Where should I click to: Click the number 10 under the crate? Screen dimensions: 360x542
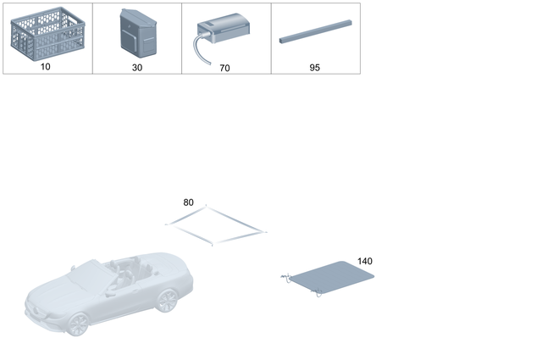pyautogui.click(x=45, y=67)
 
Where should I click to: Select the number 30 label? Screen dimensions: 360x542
pyautogui.click(x=137, y=67)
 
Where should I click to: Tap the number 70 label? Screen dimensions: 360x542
pyautogui.click(x=224, y=68)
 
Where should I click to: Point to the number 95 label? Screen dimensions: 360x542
pyautogui.click(x=315, y=67)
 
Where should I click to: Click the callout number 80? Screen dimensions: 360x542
pyautogui.click(x=188, y=202)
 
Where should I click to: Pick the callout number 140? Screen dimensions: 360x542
pyautogui.click(x=364, y=262)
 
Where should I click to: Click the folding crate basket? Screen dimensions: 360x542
pyautogui.click(x=45, y=34)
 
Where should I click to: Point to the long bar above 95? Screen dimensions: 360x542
pyautogui.click(x=314, y=33)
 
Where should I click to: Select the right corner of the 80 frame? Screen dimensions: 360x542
pyautogui.click(x=264, y=230)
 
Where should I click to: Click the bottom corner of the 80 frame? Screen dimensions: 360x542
pyautogui.click(x=212, y=245)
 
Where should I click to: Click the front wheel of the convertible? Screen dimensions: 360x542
pyautogui.click(x=79, y=323)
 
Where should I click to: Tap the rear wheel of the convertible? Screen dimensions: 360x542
pyautogui.click(x=167, y=299)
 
